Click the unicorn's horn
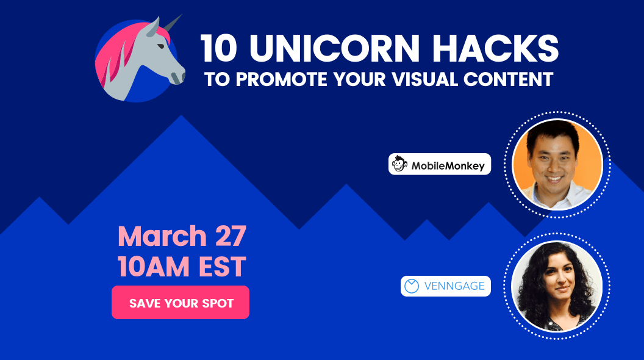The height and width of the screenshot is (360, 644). coord(173,23)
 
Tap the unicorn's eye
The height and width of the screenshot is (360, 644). coord(161,46)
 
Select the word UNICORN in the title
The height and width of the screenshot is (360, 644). coord(334,48)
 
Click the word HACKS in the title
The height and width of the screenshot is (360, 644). coord(495,48)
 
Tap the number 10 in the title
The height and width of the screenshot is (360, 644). coord(218,48)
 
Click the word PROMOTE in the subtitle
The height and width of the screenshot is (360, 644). coord(281,79)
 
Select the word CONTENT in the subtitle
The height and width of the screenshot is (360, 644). coord(509,79)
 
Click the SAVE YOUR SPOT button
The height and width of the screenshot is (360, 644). coord(181,303)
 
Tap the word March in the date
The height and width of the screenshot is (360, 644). coord(162,236)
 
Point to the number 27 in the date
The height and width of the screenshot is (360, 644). coord(231,236)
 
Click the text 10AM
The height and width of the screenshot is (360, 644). coord(155,267)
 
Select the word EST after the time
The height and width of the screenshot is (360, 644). coord(222,267)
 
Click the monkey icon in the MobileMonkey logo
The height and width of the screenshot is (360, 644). coord(399,164)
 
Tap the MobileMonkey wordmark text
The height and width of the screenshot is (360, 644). coord(448,166)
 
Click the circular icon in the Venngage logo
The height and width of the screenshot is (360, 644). coord(412,286)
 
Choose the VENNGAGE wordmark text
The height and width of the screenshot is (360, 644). coord(454,286)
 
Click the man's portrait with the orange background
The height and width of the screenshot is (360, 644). coord(557,164)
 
